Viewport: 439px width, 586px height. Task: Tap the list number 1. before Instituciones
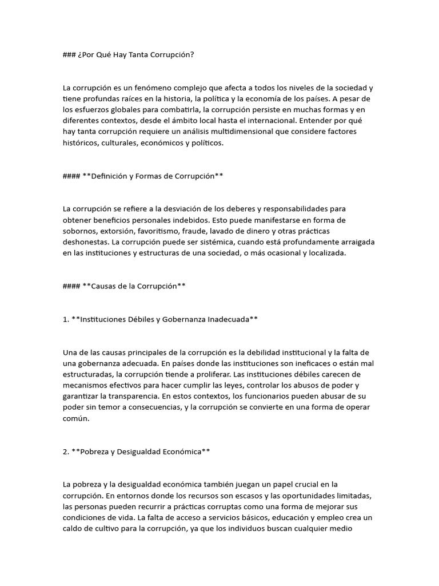66,319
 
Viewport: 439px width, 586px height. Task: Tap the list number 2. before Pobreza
66,452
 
